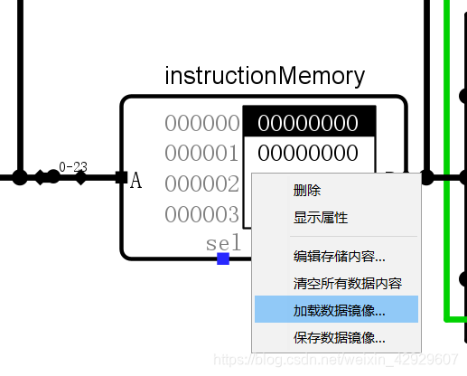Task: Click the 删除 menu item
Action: coord(307,191)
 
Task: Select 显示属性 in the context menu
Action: coord(320,218)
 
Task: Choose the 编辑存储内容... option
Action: coord(339,257)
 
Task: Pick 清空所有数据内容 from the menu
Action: coord(347,283)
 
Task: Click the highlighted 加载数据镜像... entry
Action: coord(339,310)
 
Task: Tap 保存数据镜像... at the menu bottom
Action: coord(339,338)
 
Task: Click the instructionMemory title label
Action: coord(265,76)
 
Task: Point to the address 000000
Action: coord(202,123)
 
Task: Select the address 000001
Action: coord(202,153)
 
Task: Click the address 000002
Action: coord(202,184)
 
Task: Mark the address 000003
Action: coord(202,215)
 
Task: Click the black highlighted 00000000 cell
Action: coord(308,123)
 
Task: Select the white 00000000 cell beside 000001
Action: coord(308,153)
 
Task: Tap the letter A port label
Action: coord(136,181)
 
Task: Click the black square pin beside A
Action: coord(121,177)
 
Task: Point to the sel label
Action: coord(224,243)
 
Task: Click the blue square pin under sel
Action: coord(223,259)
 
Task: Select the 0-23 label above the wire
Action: coord(73,166)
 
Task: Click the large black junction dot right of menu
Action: coord(427,177)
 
